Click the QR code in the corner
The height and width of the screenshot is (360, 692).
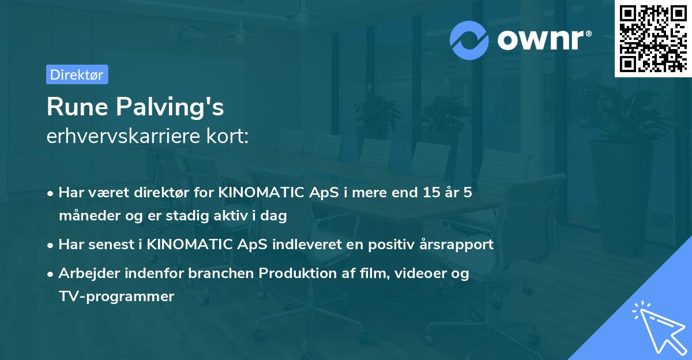(x=653, y=39)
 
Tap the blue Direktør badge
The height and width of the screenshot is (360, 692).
(x=77, y=74)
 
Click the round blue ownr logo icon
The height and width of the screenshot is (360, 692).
(x=469, y=40)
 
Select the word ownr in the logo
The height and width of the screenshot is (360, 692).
(x=541, y=40)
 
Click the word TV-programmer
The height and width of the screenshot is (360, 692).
(x=116, y=297)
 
